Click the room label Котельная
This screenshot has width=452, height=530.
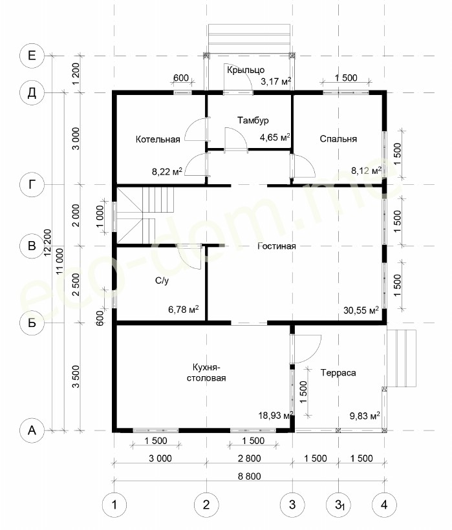tap(158, 139)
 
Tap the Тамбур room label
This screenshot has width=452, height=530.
tap(253, 120)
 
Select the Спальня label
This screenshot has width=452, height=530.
tap(338, 139)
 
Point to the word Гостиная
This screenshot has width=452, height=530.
tap(277, 246)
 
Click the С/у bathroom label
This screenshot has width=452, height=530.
tap(162, 281)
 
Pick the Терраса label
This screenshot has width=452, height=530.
tap(338, 373)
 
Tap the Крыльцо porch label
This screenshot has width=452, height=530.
tap(246, 70)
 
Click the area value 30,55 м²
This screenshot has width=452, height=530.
tap(361, 310)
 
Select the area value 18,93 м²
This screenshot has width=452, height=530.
tap(275, 416)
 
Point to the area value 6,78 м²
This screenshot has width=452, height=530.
tap(183, 310)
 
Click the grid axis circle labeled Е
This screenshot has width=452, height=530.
tap(32, 56)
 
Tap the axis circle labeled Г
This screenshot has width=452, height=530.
tap(32, 185)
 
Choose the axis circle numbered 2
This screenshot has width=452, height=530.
tap(206, 505)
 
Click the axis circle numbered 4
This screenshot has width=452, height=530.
tap(384, 505)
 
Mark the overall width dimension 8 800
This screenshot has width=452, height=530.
tap(250, 476)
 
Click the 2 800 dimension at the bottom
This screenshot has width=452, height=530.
tap(250, 458)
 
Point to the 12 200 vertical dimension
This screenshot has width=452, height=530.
tap(47, 242)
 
